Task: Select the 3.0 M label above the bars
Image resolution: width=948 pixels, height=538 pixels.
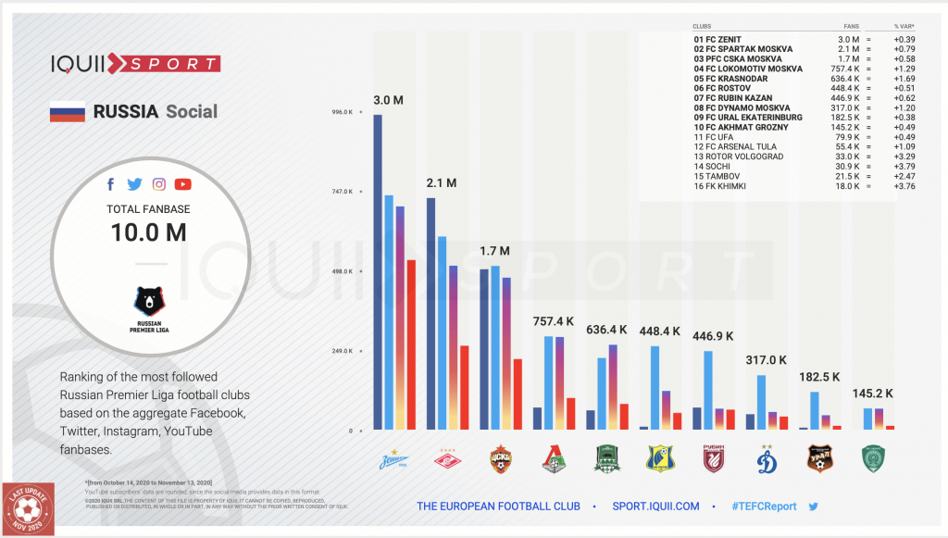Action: click(x=388, y=99)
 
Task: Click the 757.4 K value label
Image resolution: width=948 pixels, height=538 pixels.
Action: click(x=554, y=321)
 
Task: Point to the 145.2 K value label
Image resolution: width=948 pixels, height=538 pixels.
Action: click(x=873, y=394)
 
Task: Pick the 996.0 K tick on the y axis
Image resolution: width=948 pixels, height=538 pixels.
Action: click(x=342, y=112)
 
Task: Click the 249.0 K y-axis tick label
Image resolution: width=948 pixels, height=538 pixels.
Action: click(x=342, y=351)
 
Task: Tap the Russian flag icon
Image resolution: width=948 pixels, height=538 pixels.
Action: click(x=67, y=112)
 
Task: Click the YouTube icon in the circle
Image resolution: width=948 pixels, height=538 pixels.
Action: click(x=182, y=184)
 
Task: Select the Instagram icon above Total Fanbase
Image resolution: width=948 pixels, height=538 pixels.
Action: click(x=159, y=184)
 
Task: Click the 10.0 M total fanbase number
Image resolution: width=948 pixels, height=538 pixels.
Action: click(x=148, y=232)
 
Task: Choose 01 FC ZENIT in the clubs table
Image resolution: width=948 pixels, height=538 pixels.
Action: click(x=717, y=40)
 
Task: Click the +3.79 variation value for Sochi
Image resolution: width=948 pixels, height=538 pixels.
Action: click(x=904, y=166)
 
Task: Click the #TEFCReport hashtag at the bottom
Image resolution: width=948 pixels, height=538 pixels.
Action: click(x=763, y=507)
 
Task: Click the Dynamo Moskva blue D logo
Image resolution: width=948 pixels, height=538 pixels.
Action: click(x=767, y=460)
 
